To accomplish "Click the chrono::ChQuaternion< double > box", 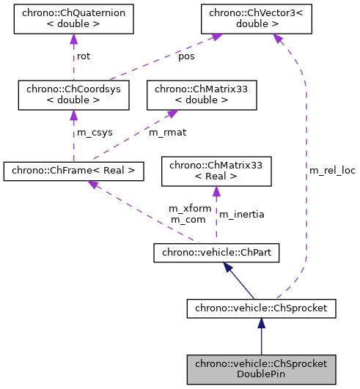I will [73, 20].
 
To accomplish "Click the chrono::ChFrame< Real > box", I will [73, 171].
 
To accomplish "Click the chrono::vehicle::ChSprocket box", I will [261, 308].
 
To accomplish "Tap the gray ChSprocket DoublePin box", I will [261, 368].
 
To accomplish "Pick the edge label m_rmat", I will [167, 133].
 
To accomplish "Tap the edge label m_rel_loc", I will [331, 170].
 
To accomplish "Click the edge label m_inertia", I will [242, 214].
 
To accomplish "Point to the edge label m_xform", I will [190, 209].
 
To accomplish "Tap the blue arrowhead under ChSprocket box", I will [261, 324].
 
